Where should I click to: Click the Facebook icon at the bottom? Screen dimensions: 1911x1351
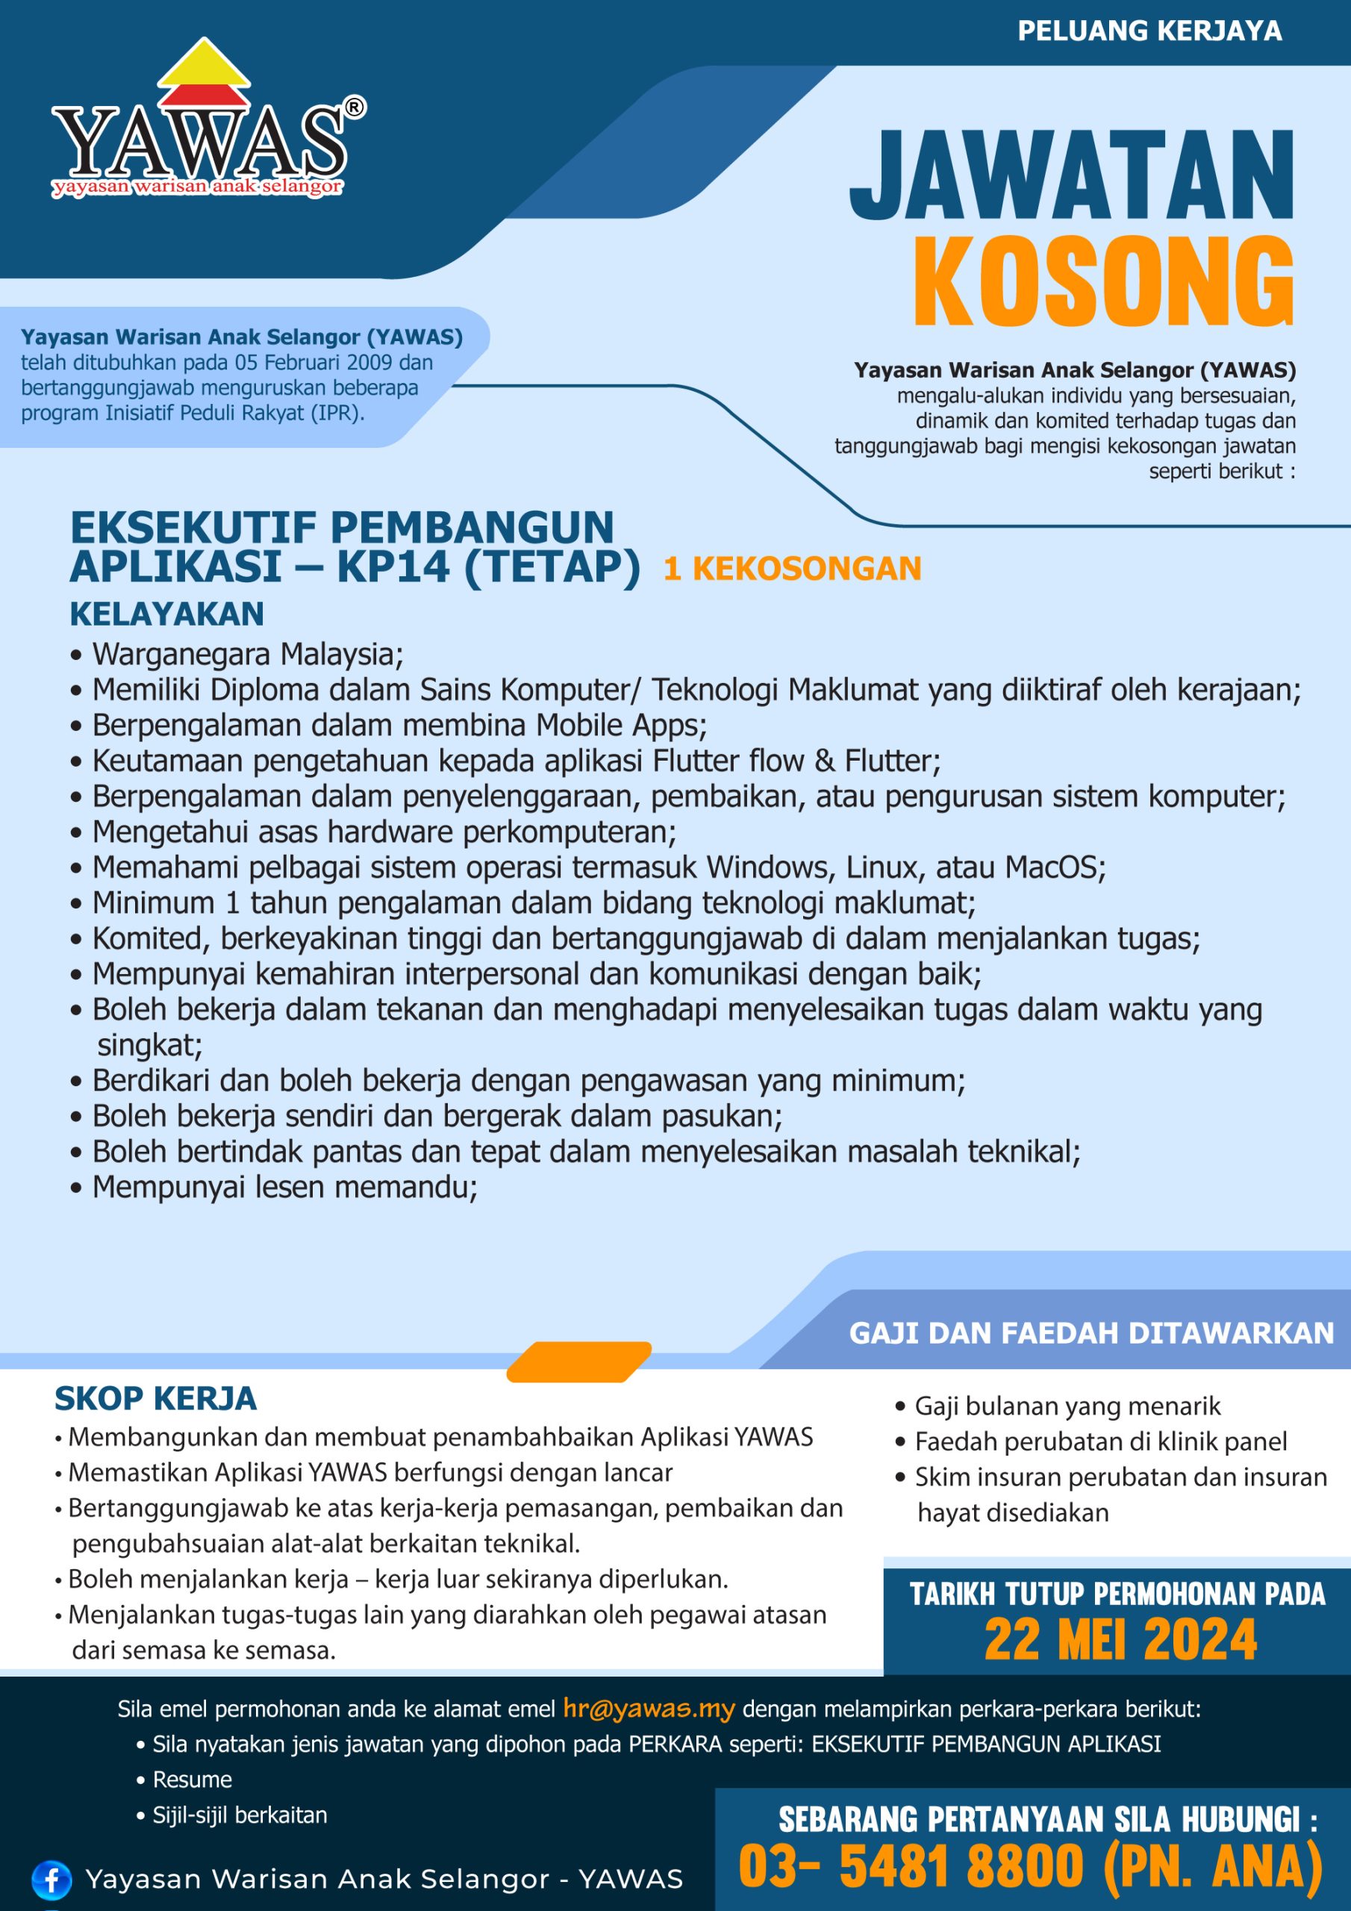(51, 1879)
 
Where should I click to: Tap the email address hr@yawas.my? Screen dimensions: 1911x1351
(649, 1708)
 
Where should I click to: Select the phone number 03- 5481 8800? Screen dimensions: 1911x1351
(911, 1865)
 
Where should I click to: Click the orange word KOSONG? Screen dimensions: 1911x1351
(1103, 282)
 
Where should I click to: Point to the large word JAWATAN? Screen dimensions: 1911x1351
(1071, 175)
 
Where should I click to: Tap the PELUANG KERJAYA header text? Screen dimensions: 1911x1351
(1149, 31)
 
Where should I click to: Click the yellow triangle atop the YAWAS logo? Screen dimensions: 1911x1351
(204, 63)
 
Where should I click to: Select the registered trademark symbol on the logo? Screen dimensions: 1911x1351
(354, 107)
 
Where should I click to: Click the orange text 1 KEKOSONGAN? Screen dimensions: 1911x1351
(792, 569)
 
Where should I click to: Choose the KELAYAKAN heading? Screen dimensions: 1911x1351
(166, 614)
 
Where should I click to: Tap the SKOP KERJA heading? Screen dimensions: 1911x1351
(156, 1399)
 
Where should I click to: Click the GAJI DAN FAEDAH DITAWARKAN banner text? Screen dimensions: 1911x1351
(1091, 1332)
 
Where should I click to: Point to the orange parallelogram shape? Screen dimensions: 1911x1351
(578, 1362)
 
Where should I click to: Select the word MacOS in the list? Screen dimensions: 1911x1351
(1053, 867)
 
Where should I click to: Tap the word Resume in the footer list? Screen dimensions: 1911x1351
(193, 1780)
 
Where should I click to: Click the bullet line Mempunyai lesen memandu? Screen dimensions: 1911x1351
(284, 1187)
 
